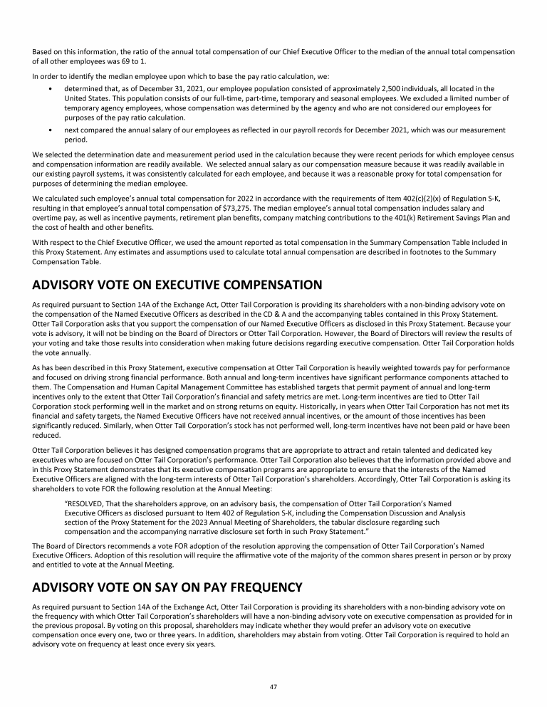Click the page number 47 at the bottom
273,686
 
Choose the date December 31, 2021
156,89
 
